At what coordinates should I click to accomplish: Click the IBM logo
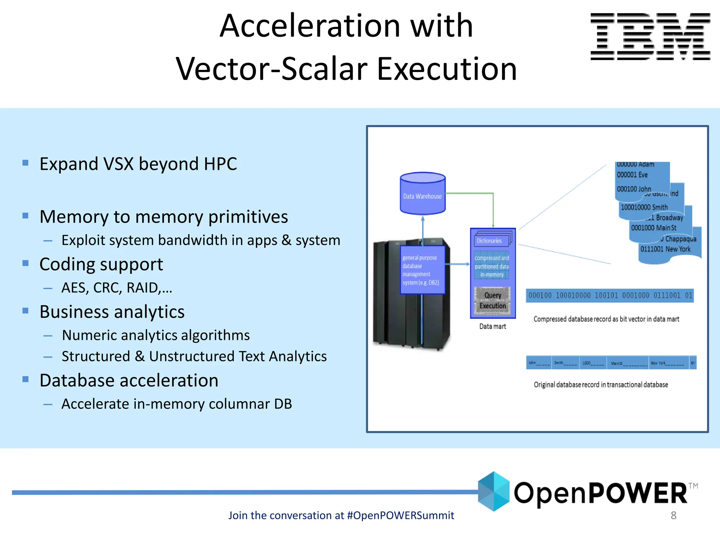coord(650,37)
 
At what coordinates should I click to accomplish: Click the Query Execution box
coord(493,301)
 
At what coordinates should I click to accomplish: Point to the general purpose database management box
coord(422,270)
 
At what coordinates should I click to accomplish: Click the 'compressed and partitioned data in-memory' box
coord(492,266)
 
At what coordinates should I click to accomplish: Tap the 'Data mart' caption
coord(493,327)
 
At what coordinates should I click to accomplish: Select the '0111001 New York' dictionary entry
coord(665,249)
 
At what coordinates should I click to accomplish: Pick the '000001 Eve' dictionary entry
coord(632,175)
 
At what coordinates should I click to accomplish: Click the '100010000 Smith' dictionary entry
coord(644,207)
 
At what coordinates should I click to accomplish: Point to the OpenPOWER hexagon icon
coord(494,491)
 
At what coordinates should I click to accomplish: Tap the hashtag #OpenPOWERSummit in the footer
coord(400,515)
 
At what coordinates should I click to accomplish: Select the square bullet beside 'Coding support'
coord(25,263)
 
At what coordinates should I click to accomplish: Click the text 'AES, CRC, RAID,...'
coord(117,288)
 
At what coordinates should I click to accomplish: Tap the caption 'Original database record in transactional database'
coord(601,385)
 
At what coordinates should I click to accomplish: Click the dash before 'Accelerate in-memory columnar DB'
coord(48,405)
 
